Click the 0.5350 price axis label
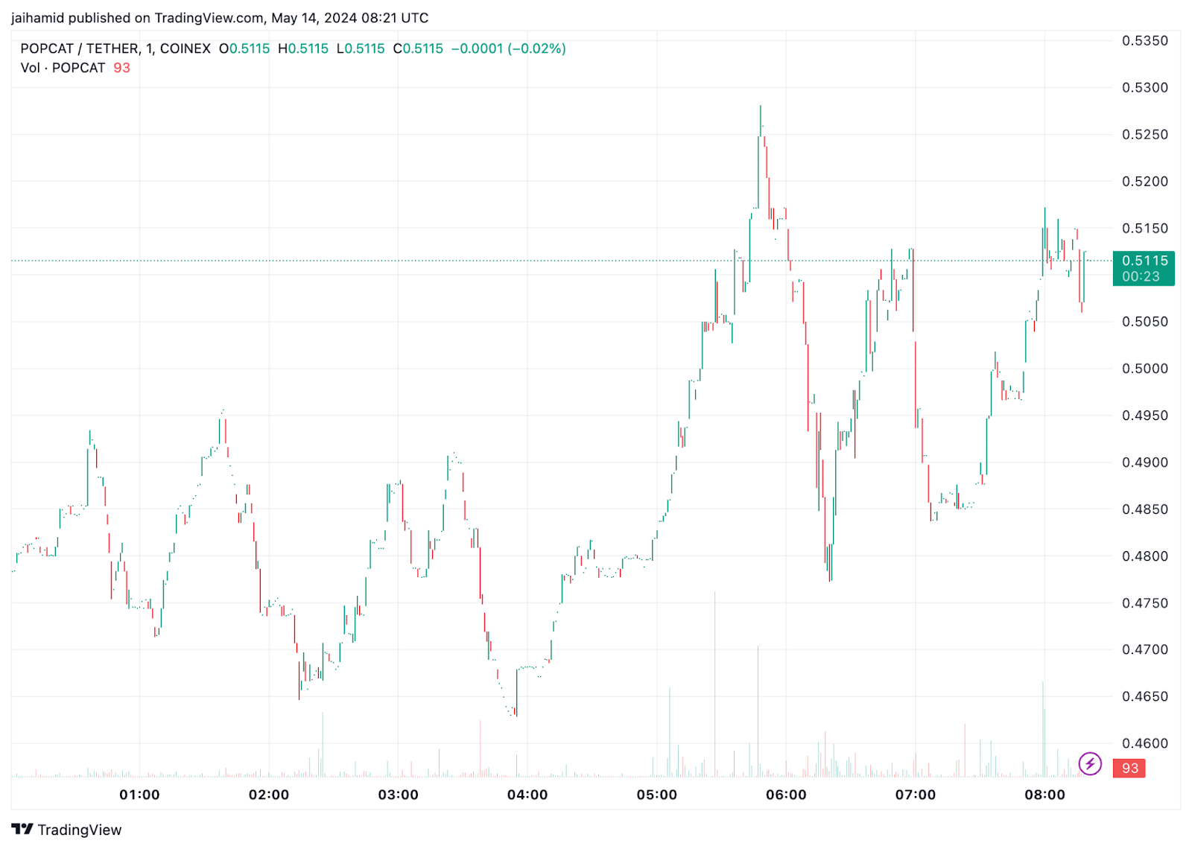click(x=1145, y=41)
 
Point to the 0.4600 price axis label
click(x=1145, y=743)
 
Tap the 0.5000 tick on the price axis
click(x=1145, y=369)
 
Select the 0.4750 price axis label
click(x=1145, y=603)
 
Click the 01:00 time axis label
click(x=139, y=795)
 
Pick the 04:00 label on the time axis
click(x=527, y=795)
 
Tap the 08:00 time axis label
click(x=1044, y=795)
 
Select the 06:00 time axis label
click(x=786, y=795)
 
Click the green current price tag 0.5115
click(x=1144, y=261)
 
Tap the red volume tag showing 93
click(x=1129, y=768)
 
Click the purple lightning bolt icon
click(x=1090, y=763)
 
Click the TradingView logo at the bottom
click(x=67, y=830)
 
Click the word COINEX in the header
click(x=186, y=48)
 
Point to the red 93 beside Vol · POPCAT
click(x=121, y=68)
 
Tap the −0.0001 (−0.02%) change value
click(x=508, y=48)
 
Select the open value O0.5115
click(x=244, y=48)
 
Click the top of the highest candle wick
click(x=761, y=106)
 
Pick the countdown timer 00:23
click(x=1141, y=276)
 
